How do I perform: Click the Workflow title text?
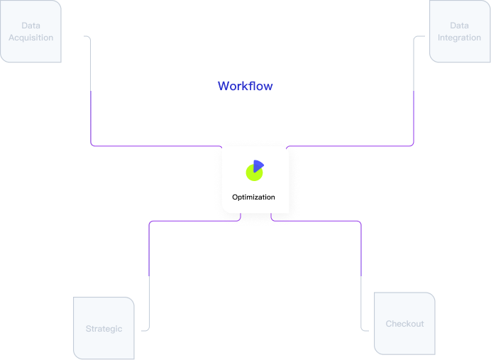[245, 86]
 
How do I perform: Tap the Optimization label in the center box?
[253, 197]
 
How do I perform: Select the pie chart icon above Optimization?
[255, 170]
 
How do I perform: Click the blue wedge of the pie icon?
[258, 165]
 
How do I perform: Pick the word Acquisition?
[31, 38]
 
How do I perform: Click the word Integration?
[459, 38]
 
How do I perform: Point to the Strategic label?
[104, 329]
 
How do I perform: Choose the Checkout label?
[404, 324]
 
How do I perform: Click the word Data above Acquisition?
[31, 26]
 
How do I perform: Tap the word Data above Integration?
[459, 26]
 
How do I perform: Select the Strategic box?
[104, 328]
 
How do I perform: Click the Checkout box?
[404, 323]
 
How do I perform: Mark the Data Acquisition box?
[31, 32]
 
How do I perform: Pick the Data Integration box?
[459, 32]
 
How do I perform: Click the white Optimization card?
[255, 180]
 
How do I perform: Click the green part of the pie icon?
[253, 173]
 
